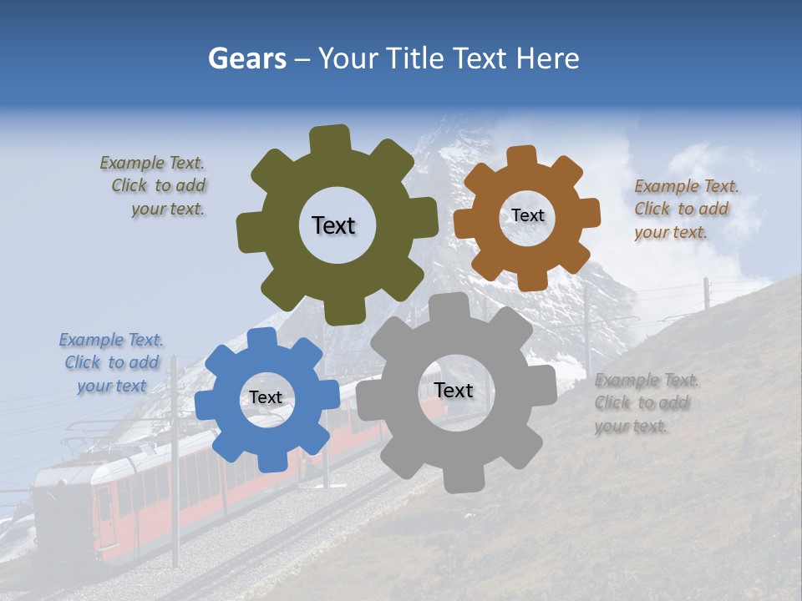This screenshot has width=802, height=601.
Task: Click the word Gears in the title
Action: pyautogui.click(x=246, y=58)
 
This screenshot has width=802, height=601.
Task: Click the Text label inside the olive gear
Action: pyautogui.click(x=333, y=225)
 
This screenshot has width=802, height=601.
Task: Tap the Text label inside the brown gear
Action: pyautogui.click(x=527, y=215)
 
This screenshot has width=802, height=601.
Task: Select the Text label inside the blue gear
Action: pyautogui.click(x=265, y=398)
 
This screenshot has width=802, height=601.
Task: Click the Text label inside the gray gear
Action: pyautogui.click(x=454, y=390)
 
